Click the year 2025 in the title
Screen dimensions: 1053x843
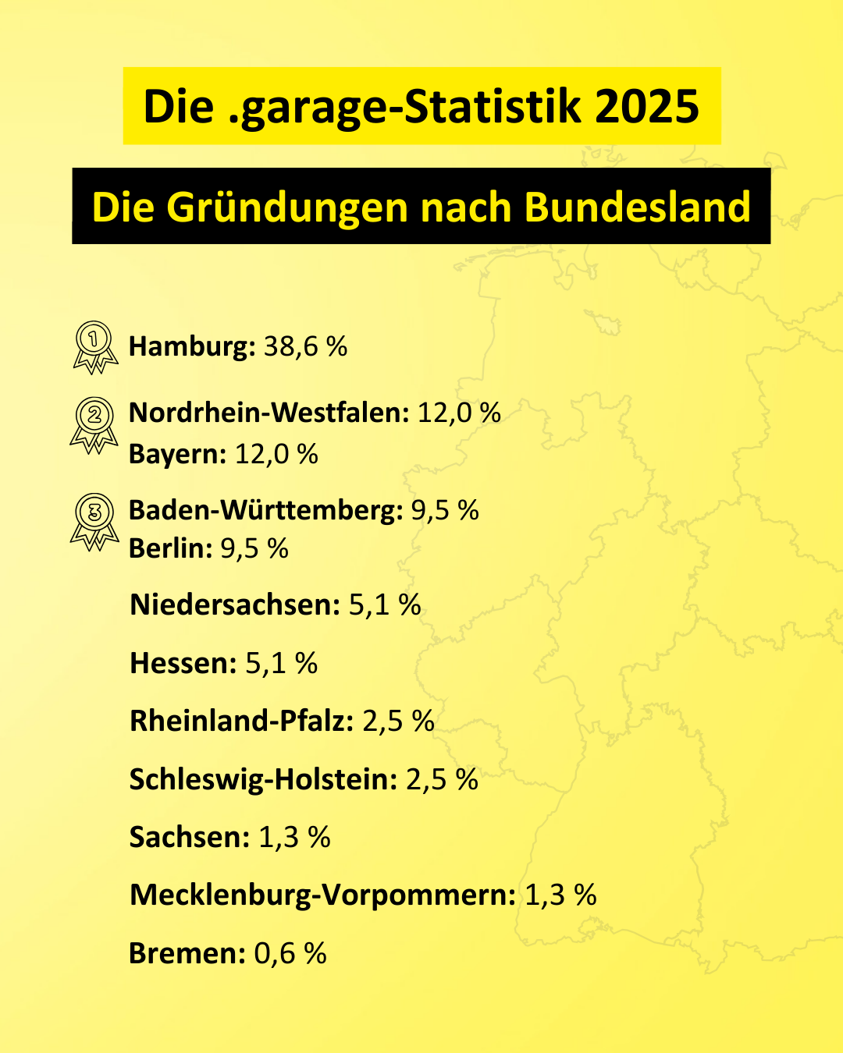point(646,106)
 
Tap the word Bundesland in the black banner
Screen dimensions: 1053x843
point(637,207)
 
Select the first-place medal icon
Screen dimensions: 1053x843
point(94,346)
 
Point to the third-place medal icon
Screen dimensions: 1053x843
point(94,520)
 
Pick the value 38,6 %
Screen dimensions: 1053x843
point(305,346)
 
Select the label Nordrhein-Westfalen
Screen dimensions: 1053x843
point(269,413)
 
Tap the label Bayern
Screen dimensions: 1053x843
point(177,454)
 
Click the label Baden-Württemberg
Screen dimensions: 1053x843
point(265,510)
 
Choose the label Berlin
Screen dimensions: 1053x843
point(170,548)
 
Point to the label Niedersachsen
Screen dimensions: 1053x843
point(235,604)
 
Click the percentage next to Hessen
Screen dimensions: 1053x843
point(281,663)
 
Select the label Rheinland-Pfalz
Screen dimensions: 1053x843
point(241,721)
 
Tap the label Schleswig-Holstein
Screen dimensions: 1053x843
point(263,779)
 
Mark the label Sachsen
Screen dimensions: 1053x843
point(189,837)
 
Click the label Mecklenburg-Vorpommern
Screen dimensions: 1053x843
point(322,895)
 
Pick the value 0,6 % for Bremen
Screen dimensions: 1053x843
point(290,953)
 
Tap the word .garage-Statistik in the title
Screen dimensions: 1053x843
point(405,106)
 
